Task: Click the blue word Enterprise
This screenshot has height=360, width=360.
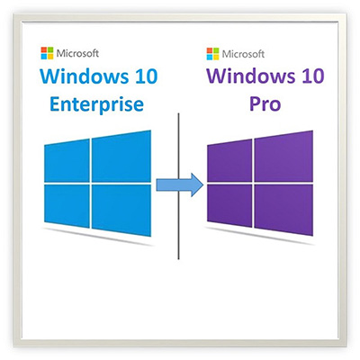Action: coord(96,105)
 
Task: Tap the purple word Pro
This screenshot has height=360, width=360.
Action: coord(265,104)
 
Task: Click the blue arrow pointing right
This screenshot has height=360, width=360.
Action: coord(180,185)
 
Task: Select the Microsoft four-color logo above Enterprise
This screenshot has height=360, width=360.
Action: coord(47,53)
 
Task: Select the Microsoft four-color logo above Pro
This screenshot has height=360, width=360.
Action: coord(213,54)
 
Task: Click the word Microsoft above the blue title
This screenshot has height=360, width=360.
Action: coord(77,53)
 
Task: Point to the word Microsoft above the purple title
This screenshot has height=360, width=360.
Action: coord(243,54)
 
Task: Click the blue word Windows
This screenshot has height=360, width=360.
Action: coord(81,76)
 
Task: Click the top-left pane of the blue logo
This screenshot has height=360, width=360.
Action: coord(67,160)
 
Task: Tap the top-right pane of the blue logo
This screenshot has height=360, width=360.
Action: coord(121,156)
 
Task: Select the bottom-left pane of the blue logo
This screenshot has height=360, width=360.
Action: coord(67,205)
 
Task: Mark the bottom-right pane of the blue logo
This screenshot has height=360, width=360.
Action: coord(121,210)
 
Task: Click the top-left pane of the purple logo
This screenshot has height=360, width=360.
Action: coord(229,160)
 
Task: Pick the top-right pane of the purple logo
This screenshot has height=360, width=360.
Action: coord(283,156)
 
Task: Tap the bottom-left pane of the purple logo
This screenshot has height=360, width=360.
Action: coord(229,205)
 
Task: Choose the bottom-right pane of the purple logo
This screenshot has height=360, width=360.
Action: coord(283,210)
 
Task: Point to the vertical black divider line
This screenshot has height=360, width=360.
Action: coord(178,186)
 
